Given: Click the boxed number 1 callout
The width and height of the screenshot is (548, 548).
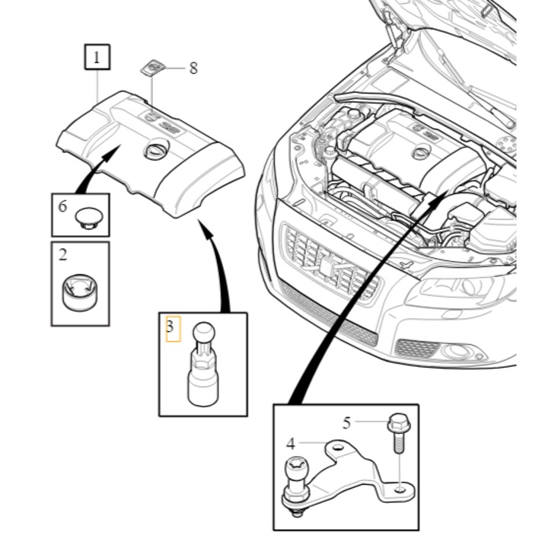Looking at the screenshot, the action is point(97,57).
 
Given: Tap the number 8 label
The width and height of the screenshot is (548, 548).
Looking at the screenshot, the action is point(193,68).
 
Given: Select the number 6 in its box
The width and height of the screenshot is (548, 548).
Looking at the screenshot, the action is point(62,206).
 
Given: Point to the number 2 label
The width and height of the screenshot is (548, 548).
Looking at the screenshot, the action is point(63,255).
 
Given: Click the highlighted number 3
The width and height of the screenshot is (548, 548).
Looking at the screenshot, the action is point(170,327).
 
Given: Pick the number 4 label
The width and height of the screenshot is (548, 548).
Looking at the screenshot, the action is point(291,444).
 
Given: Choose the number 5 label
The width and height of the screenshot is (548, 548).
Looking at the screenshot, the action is point(346,423).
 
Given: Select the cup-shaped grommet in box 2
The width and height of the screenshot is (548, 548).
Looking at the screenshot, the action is point(81,292).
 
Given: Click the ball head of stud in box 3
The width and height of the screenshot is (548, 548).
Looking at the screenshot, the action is point(204,333).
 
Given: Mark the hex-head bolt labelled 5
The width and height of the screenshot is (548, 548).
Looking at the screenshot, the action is point(399,433).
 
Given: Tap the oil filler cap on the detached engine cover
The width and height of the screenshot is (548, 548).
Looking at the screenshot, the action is point(156,150).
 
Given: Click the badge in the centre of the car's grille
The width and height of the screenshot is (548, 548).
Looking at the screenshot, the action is point(327,269).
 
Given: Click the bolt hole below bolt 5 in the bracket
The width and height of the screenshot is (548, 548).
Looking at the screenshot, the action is point(400,490).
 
